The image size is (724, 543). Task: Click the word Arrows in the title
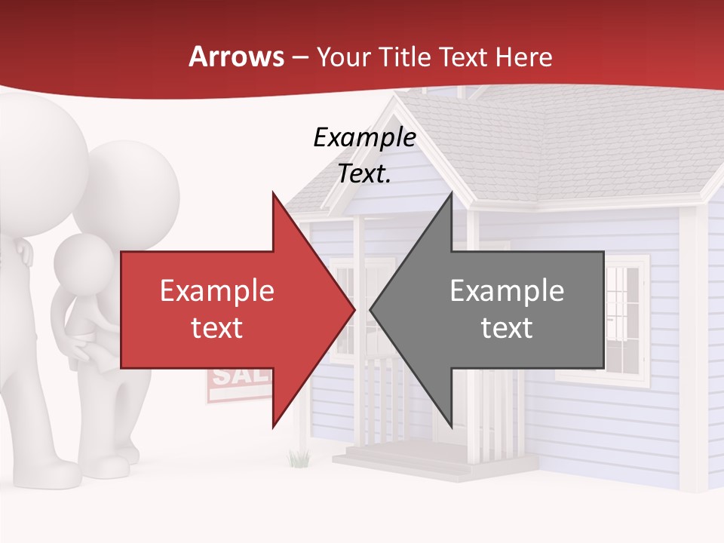tap(236, 57)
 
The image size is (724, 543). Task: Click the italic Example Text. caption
tap(364, 155)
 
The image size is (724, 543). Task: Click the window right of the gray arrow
tap(626, 317)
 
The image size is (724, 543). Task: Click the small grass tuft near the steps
tap(299, 457)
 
